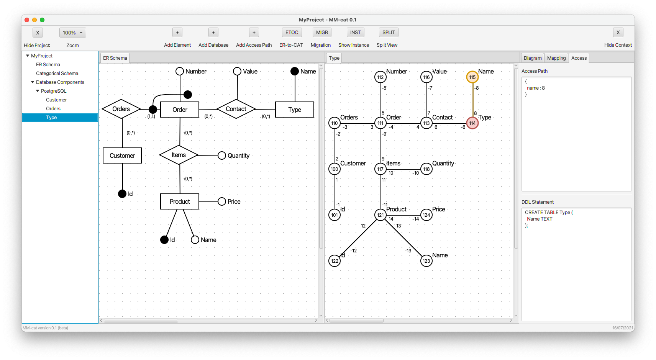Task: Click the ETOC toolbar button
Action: pyautogui.click(x=292, y=33)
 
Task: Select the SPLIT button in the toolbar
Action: pyautogui.click(x=388, y=33)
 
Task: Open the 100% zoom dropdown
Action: pyautogui.click(x=73, y=33)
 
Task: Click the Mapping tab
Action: pyautogui.click(x=556, y=58)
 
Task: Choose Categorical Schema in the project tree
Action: pyautogui.click(x=57, y=74)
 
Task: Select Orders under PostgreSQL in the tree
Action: pyautogui.click(x=53, y=109)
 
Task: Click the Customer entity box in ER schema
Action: pyautogui.click(x=122, y=155)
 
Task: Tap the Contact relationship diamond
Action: pyautogui.click(x=236, y=109)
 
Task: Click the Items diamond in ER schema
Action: pyautogui.click(x=179, y=155)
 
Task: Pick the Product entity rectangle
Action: pyautogui.click(x=180, y=201)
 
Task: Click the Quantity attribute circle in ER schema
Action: pyautogui.click(x=222, y=155)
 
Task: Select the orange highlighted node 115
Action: pyautogui.click(x=472, y=77)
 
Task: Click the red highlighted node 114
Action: pyautogui.click(x=472, y=123)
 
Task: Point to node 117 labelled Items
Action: pyautogui.click(x=380, y=169)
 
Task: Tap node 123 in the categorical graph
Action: pyautogui.click(x=426, y=261)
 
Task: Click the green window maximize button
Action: pyautogui.click(x=42, y=20)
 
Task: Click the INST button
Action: pyautogui.click(x=355, y=33)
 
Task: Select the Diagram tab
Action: pyautogui.click(x=532, y=58)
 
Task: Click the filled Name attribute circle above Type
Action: pyautogui.click(x=295, y=71)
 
